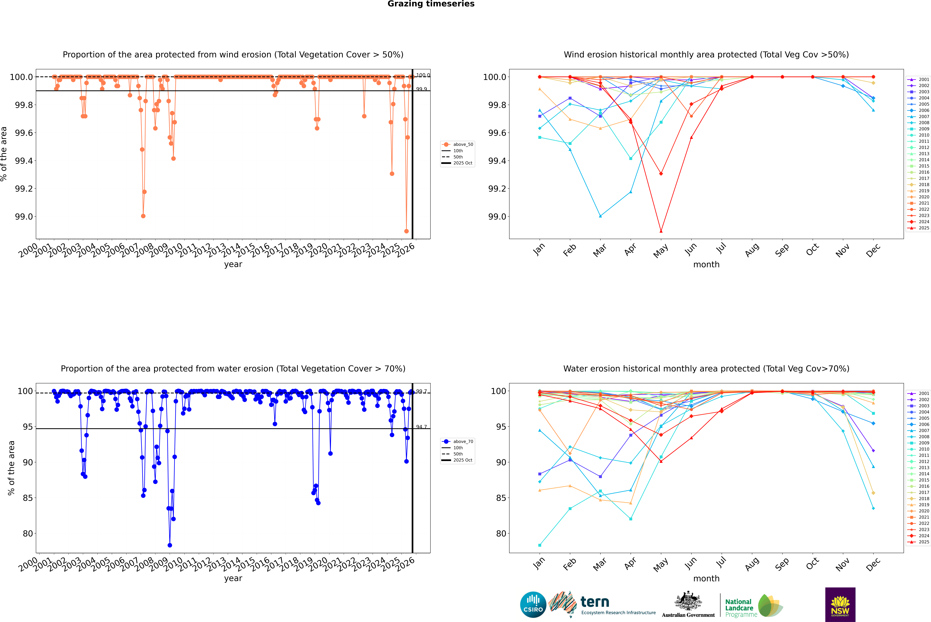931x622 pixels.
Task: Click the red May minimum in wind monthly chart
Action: point(661,231)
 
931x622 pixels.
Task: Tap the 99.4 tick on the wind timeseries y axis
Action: point(24,161)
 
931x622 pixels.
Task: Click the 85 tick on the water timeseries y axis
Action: point(28,498)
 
